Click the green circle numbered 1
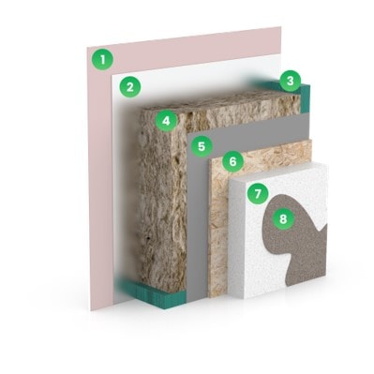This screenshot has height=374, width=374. coord(102,59)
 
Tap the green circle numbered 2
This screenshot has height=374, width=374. coord(129,86)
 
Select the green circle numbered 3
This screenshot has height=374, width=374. coord(291,81)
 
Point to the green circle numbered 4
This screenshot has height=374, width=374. coord(166,121)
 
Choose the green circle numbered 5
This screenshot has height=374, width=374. coord(202,146)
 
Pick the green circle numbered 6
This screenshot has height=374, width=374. coord(232,161)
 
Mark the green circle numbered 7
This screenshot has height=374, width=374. coord(258,194)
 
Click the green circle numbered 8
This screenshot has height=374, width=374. coord(283,218)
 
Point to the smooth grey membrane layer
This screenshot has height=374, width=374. coord(198,218)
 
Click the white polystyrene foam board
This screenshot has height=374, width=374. coord(250,250)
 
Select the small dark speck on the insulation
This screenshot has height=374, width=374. coord(148,240)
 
